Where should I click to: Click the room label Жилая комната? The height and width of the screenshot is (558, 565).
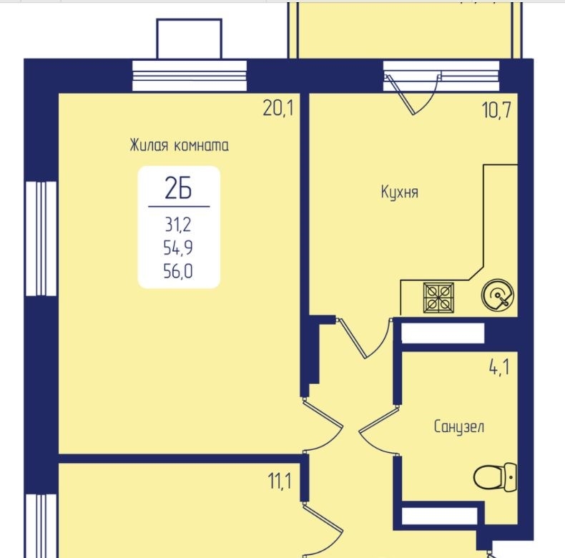coord(179,145)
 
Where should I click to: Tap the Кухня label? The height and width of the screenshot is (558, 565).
coord(400,192)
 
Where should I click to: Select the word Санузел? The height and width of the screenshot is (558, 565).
coord(458,427)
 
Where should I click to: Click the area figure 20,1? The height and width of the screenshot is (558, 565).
coord(278,108)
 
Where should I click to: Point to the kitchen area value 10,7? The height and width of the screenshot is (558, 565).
coord(496,109)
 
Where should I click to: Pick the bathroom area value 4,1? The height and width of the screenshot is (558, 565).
coord(499,367)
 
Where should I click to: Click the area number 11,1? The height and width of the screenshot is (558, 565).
coord(280,481)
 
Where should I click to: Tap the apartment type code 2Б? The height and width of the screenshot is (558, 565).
coord(178,189)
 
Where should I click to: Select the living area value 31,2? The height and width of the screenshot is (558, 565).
coord(178,225)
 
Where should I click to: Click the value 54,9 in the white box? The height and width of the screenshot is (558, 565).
coord(178,248)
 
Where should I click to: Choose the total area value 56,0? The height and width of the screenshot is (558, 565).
coord(178,271)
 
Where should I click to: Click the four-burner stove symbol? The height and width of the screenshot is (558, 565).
coord(438,298)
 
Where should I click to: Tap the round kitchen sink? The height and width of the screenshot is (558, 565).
coord(497,295)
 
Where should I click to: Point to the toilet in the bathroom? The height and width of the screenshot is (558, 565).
coord(495,477)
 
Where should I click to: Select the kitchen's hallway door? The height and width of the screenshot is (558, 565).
coord(364,338)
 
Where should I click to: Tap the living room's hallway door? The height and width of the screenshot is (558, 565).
coord(323,426)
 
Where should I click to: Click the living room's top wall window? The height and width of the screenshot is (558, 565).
coord(190,76)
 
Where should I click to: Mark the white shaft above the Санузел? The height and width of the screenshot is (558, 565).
coord(443,333)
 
